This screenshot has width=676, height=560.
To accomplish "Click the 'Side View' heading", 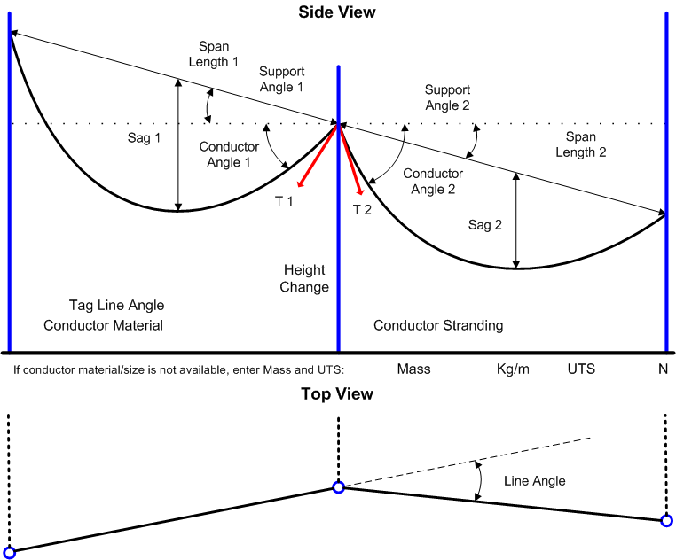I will [337, 12].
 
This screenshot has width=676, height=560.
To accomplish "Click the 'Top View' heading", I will [337, 393].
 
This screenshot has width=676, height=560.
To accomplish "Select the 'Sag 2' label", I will [485, 225].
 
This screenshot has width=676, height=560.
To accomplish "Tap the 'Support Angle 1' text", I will [281, 79].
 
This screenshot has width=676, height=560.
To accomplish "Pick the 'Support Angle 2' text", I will [447, 97].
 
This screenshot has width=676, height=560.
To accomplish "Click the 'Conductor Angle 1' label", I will [229, 154].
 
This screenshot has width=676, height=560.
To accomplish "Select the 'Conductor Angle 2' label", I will [433, 181].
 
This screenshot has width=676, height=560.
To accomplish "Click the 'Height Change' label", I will [304, 278].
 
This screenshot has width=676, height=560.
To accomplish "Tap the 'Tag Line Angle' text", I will [116, 305].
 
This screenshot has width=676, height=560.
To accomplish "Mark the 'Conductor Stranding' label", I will [438, 325].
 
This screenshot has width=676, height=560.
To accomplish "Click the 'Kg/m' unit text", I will [513, 369].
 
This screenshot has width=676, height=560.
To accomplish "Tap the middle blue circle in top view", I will [338, 486].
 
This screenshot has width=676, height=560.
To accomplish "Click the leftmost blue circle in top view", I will [10, 552].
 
